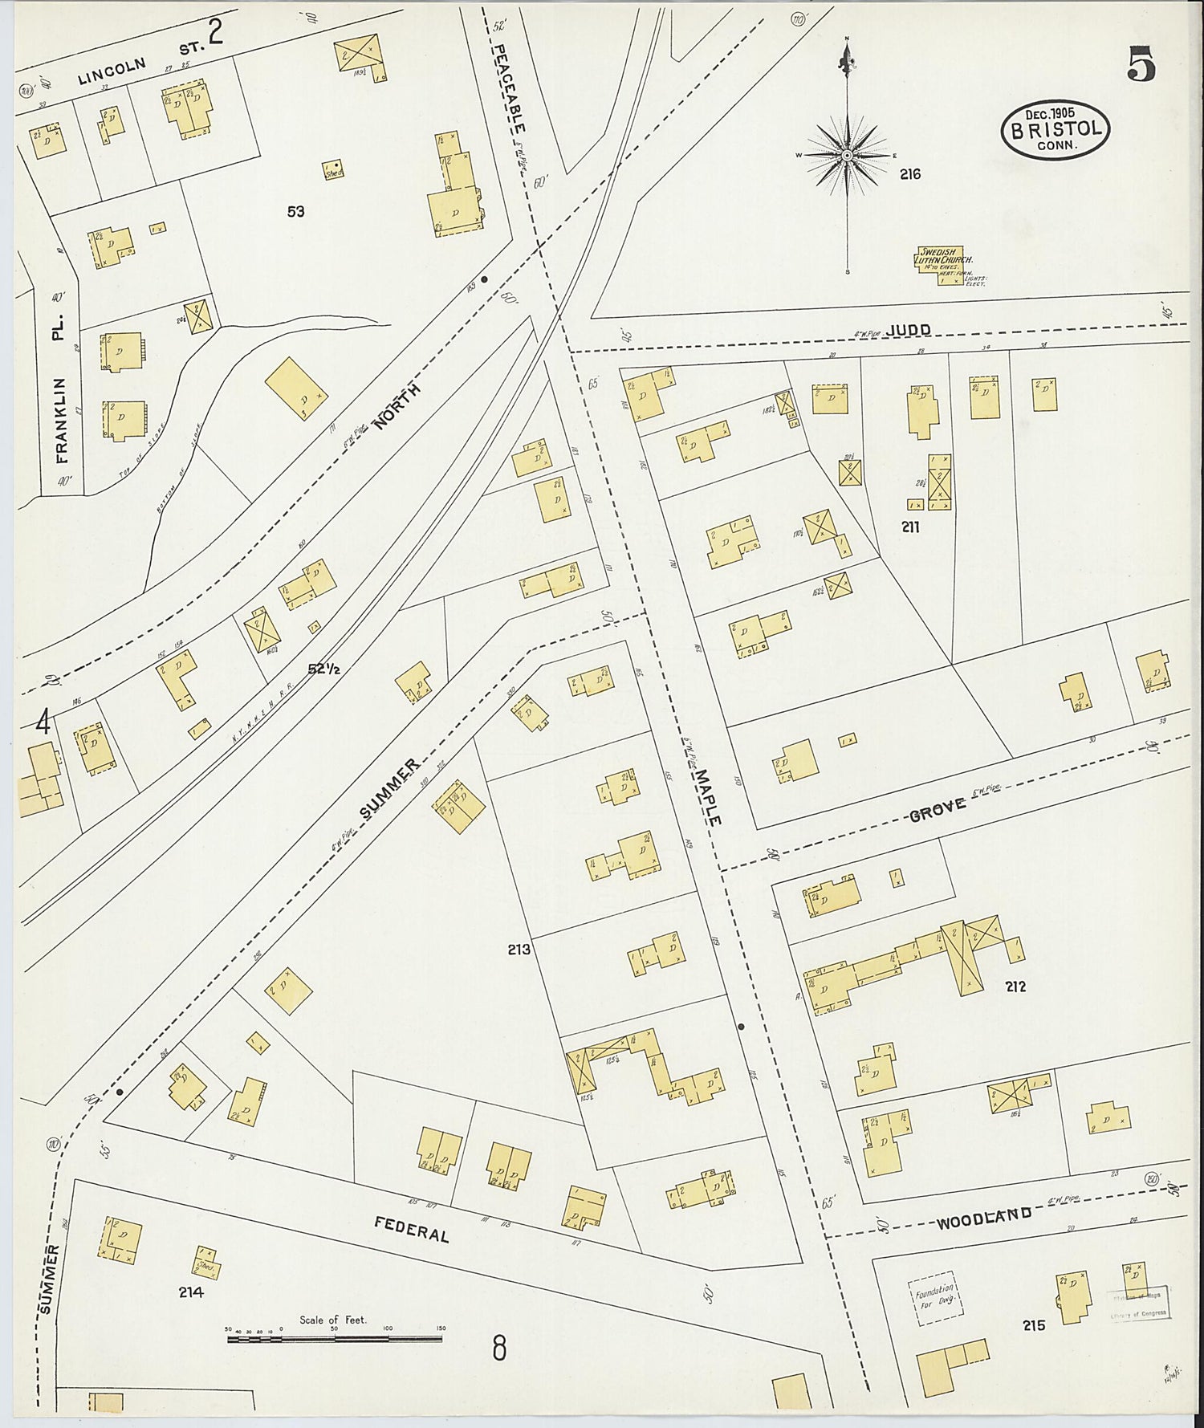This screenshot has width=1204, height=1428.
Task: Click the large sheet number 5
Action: pyautogui.click(x=1141, y=65)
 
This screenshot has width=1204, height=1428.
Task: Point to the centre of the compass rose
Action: pyautogui.click(x=847, y=155)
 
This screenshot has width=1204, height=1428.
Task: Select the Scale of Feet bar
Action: pyautogui.click(x=334, y=1338)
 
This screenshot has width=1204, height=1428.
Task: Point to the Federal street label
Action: pyautogui.click(x=411, y=1228)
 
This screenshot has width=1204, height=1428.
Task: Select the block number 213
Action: pyautogui.click(x=519, y=950)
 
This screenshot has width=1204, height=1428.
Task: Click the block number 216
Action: pyautogui.click(x=909, y=174)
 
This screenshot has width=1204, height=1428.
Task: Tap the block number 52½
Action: pyautogui.click(x=324, y=669)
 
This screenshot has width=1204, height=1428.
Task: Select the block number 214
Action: pyautogui.click(x=192, y=1292)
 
